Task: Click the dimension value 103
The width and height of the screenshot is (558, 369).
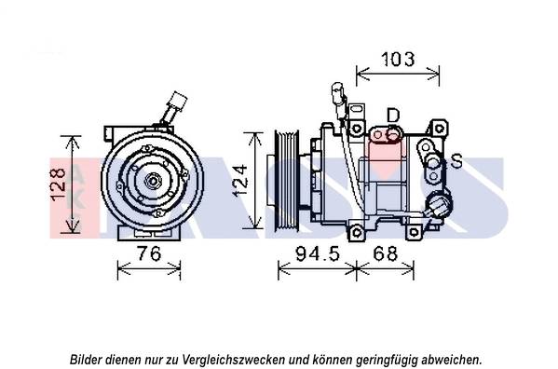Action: pos(399,60)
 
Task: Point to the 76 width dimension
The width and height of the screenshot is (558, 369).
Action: pos(148,253)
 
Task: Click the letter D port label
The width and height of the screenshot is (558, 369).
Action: pos(393,115)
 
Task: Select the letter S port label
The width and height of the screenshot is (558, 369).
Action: pos(456,162)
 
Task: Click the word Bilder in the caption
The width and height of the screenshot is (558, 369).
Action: pos(87,359)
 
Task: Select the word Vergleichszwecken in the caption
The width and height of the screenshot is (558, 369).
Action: pos(240,359)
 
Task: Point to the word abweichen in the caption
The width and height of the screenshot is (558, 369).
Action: pos(451,359)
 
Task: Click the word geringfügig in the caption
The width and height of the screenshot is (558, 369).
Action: pos(380,359)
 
